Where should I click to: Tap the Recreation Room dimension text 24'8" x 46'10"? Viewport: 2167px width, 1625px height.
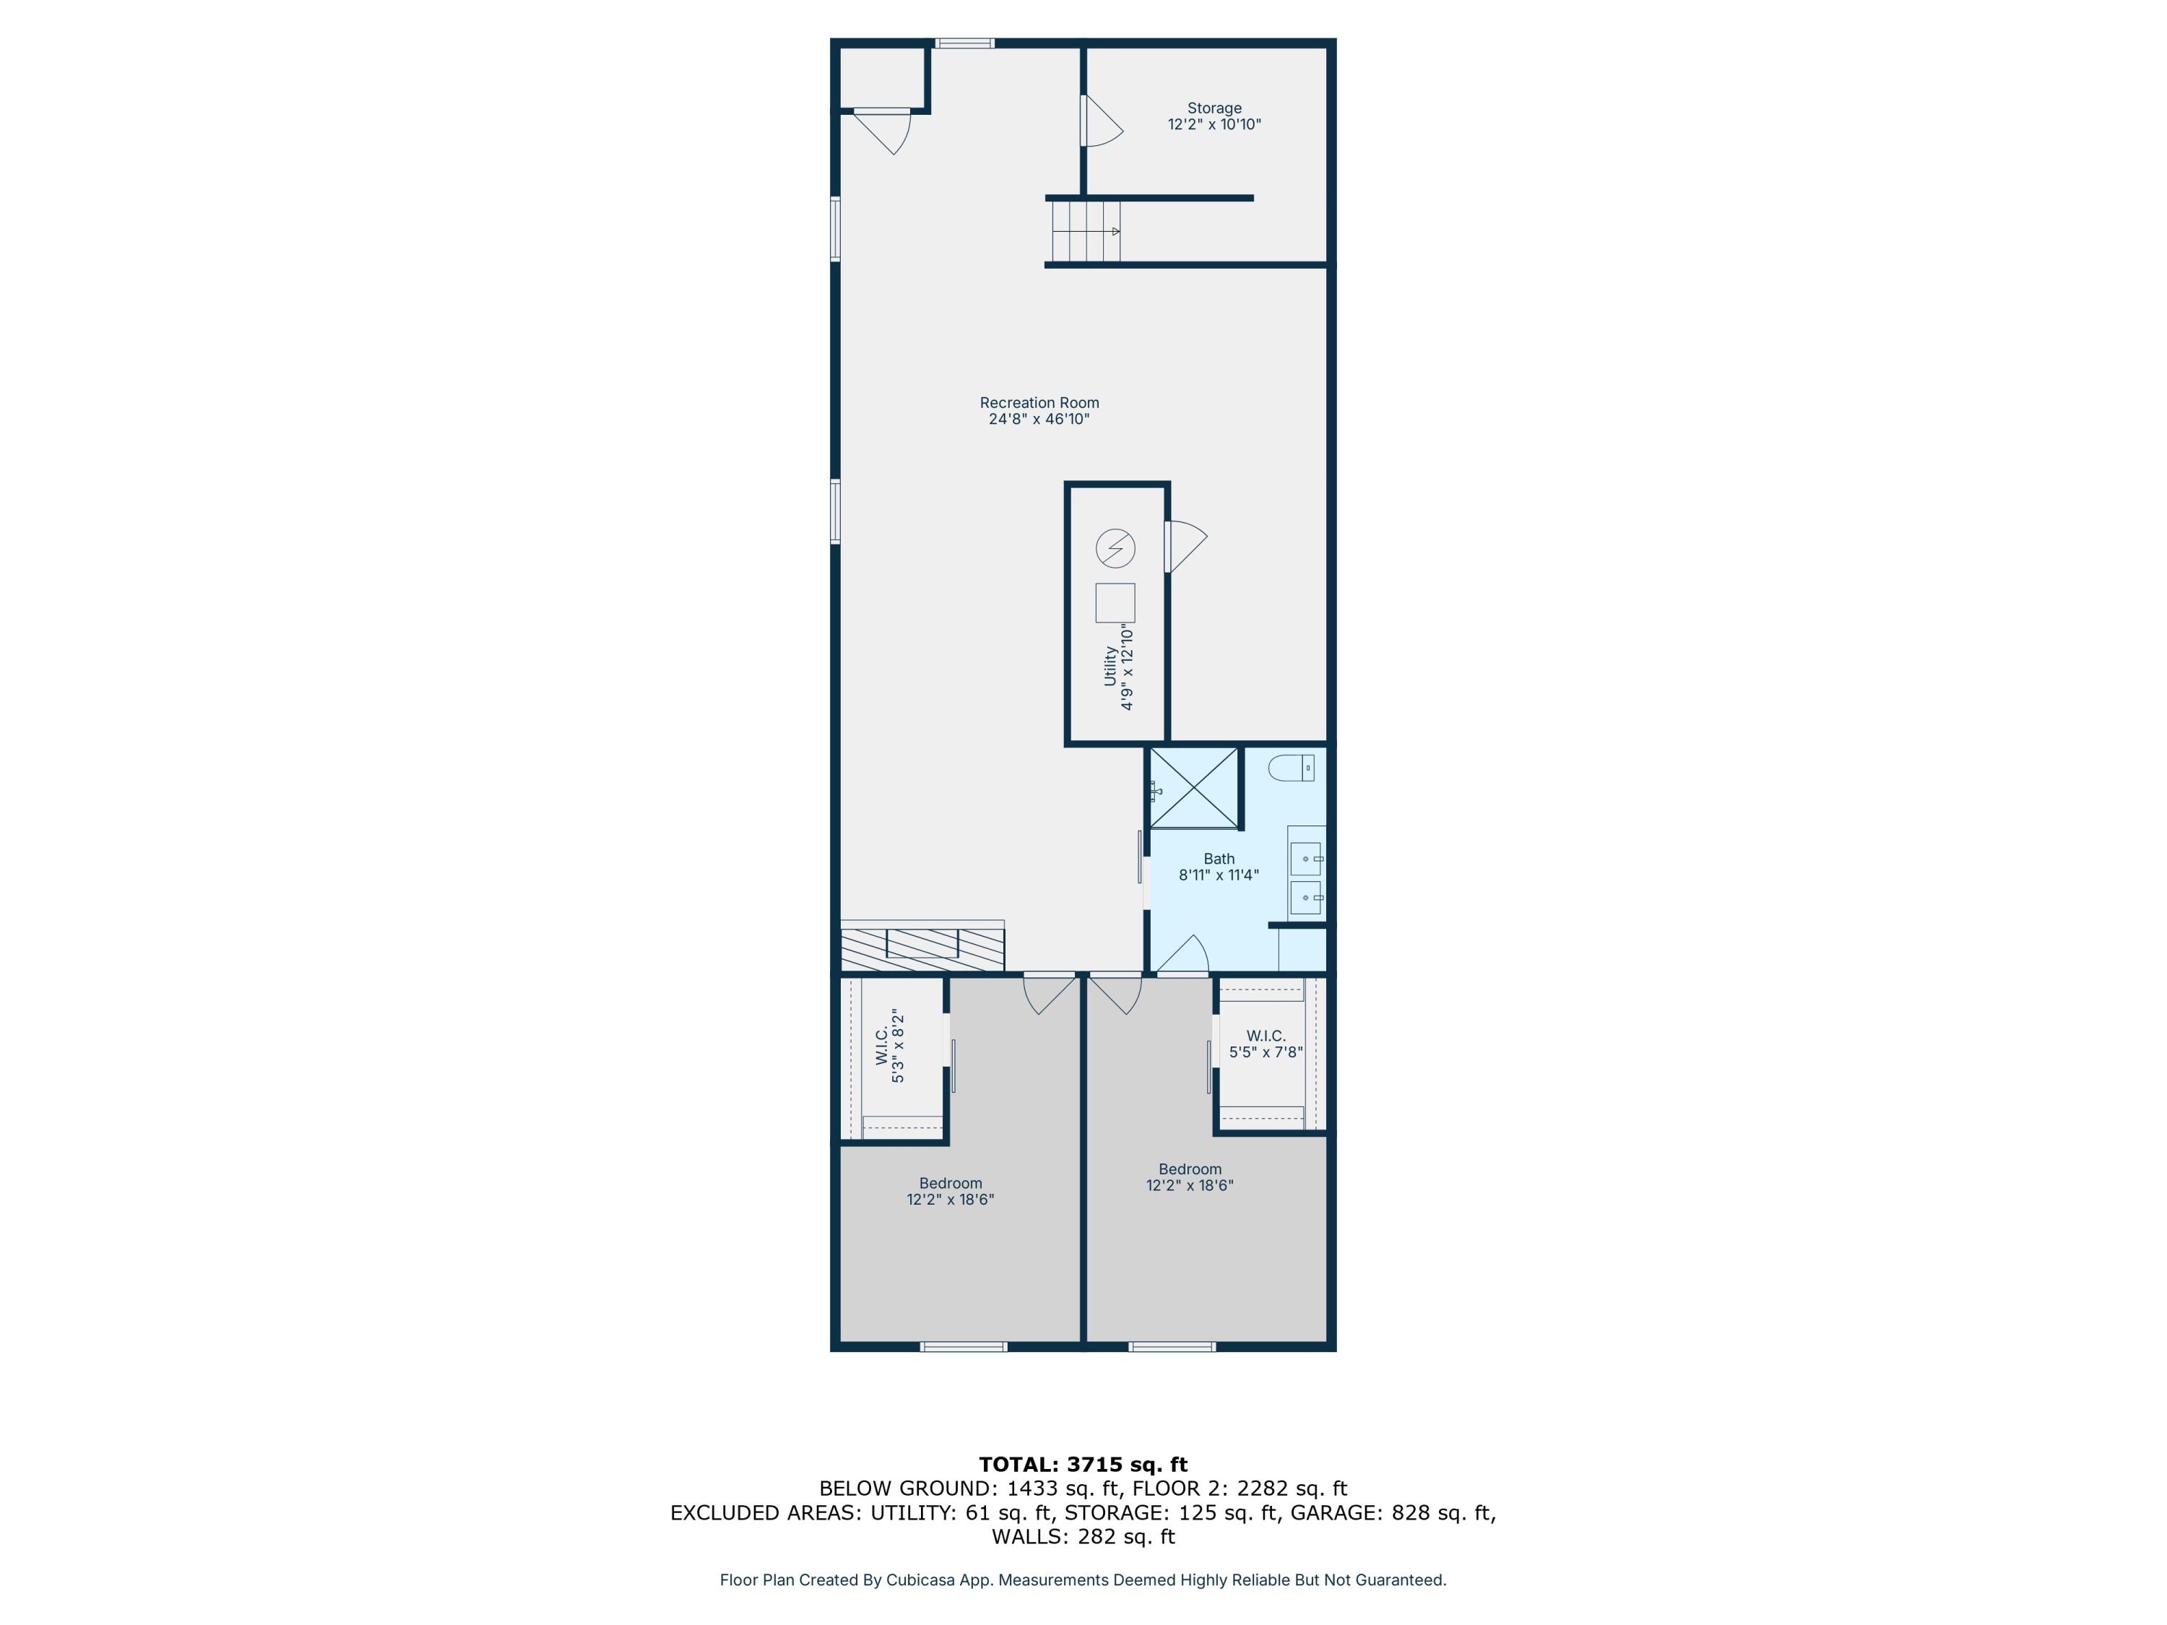coord(1039,419)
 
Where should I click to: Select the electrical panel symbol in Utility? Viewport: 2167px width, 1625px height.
coord(1115,548)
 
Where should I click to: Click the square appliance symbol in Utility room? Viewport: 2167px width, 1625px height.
coord(1115,602)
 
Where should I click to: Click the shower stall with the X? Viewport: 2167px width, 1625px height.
coord(1193,787)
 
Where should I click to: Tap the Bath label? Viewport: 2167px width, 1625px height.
coord(1219,859)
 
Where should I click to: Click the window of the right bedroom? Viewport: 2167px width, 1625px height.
coord(1172,1347)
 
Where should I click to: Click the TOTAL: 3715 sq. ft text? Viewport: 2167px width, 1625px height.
coord(1083,1465)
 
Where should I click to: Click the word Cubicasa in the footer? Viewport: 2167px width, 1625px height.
coord(922,1580)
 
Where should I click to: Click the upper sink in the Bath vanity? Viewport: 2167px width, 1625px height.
coord(1305,859)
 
